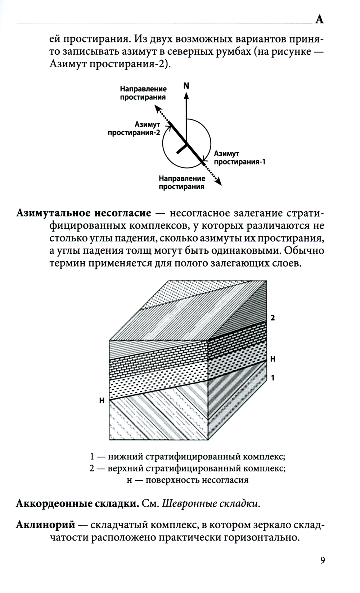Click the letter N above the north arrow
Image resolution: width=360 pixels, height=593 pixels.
pos(186,86)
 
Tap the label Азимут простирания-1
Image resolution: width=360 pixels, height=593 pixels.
pos(239,158)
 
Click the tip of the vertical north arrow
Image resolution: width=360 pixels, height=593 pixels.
pos(186,94)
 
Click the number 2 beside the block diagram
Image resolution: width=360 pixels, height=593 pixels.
pos(273,318)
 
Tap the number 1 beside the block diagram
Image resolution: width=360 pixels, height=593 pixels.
pos(273,378)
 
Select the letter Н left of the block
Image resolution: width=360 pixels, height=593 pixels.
pos(102,400)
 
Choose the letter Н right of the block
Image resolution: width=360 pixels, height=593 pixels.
pos(273,359)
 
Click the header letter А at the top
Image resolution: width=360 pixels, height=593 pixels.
pos(319,20)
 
